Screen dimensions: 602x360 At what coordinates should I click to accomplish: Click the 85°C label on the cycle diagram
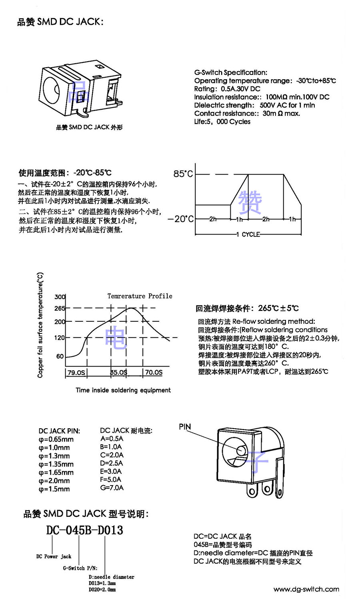pos(183,174)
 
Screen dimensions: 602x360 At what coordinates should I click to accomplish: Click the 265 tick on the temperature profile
pos(60,308)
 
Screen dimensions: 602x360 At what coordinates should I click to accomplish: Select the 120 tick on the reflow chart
pos(60,338)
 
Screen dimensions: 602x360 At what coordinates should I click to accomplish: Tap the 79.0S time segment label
pos(76,373)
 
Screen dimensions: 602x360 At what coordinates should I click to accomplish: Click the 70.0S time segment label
pos(154,373)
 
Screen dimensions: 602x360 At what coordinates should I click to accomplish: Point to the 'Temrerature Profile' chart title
pos(140,296)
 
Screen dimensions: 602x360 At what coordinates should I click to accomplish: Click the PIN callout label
pos(185,427)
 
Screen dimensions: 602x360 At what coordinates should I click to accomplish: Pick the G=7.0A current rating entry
pos(112,488)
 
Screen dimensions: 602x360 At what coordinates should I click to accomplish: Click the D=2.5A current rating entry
pos(112,463)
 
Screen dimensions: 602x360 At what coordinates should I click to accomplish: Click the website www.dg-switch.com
pos(306,589)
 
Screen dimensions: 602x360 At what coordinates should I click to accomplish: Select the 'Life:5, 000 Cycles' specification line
pos(222,122)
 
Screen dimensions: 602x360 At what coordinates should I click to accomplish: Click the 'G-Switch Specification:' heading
pos(231,72)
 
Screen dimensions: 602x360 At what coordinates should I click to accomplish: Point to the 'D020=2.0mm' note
pos(102,590)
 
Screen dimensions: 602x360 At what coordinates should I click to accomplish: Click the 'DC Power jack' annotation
pos(54,556)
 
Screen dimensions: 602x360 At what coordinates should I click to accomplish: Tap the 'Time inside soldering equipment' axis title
pos(123,390)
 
